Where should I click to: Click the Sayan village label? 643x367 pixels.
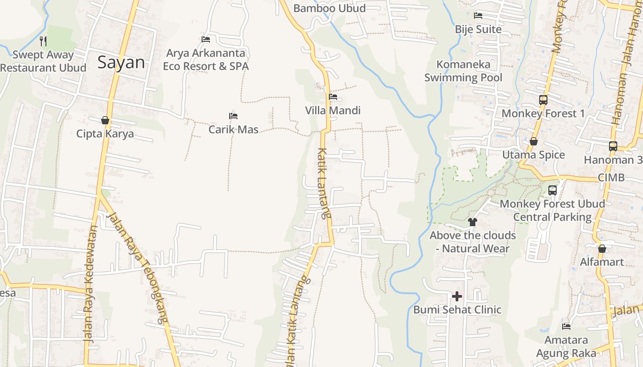[121, 62]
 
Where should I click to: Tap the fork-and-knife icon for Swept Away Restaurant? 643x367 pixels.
[43, 41]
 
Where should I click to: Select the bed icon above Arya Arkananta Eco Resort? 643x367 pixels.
[206, 40]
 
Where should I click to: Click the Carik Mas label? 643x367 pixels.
[233, 129]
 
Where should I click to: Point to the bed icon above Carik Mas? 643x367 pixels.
[233, 116]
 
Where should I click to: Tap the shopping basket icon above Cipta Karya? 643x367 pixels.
[105, 120]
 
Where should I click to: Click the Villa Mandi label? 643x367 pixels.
[333, 111]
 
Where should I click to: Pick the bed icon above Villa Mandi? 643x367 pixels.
[333, 97]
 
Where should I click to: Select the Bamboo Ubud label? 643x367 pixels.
[329, 8]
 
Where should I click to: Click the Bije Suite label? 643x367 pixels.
[478, 29]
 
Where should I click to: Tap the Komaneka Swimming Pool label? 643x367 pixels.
[463, 71]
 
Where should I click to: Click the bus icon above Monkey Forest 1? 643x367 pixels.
[543, 100]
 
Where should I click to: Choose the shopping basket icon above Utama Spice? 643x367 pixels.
[534, 141]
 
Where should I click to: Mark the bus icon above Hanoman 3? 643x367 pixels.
[613, 146]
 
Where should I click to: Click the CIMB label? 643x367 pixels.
[611, 178]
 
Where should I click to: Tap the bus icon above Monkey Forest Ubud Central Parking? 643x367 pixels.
[553, 190]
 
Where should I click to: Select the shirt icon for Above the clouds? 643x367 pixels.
[473, 222]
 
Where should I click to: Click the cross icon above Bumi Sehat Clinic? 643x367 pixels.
[457, 296]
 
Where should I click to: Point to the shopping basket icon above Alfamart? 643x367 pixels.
[602, 249]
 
